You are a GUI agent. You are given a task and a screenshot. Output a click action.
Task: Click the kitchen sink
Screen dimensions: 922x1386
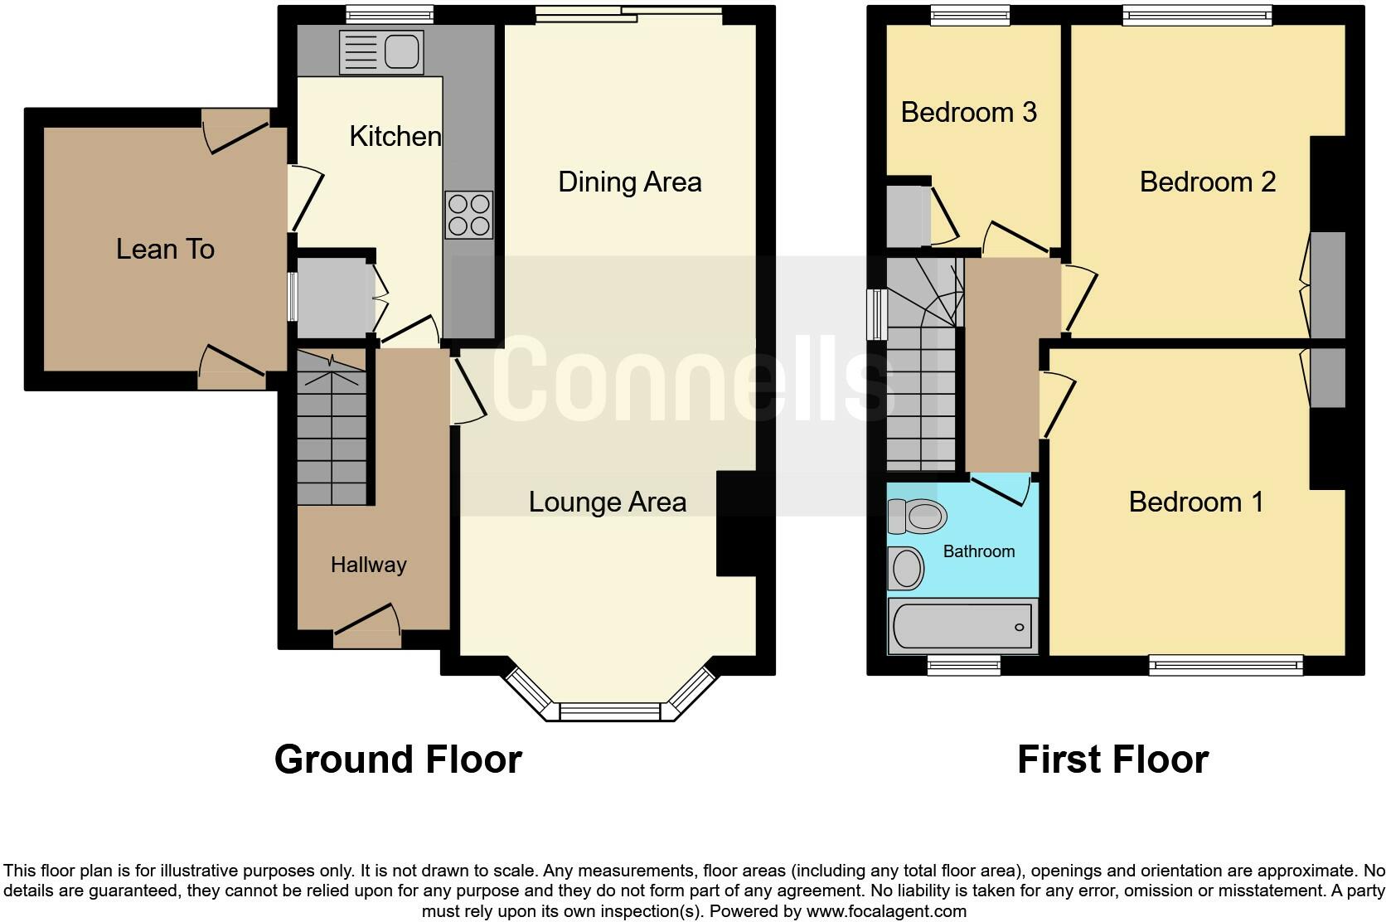point(381,52)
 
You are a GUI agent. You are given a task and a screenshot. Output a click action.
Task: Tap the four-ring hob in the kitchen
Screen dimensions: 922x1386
point(468,215)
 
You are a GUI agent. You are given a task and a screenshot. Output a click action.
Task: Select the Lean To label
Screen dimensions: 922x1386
point(165,249)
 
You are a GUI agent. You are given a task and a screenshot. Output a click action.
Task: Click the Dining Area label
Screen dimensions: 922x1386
point(629,182)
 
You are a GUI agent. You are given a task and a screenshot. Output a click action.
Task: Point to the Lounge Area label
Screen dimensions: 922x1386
point(607,502)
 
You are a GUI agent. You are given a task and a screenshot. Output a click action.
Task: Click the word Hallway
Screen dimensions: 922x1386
point(368,565)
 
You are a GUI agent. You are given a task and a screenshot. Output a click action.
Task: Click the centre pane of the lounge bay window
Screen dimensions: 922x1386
point(610,711)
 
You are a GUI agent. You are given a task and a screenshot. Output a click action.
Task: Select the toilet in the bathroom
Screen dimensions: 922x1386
point(916,517)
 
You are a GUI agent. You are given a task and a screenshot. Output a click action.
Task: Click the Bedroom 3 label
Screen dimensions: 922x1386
point(968,113)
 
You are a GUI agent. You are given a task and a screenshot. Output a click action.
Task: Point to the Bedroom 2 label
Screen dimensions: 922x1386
point(1207,182)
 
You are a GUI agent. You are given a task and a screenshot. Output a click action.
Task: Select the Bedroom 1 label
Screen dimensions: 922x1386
point(1195,502)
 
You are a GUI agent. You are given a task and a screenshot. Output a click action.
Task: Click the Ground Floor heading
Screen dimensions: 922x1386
point(398,759)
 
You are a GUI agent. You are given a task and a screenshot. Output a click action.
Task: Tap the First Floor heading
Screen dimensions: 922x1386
point(1112,759)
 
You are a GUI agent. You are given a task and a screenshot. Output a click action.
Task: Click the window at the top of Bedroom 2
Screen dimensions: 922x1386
point(1197,14)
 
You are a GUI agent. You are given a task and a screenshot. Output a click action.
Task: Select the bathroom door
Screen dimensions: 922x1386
point(1001,489)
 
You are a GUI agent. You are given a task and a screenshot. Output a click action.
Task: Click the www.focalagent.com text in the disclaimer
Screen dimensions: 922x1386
point(885,911)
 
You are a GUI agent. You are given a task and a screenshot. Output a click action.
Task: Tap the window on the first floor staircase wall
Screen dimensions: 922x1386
point(876,314)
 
